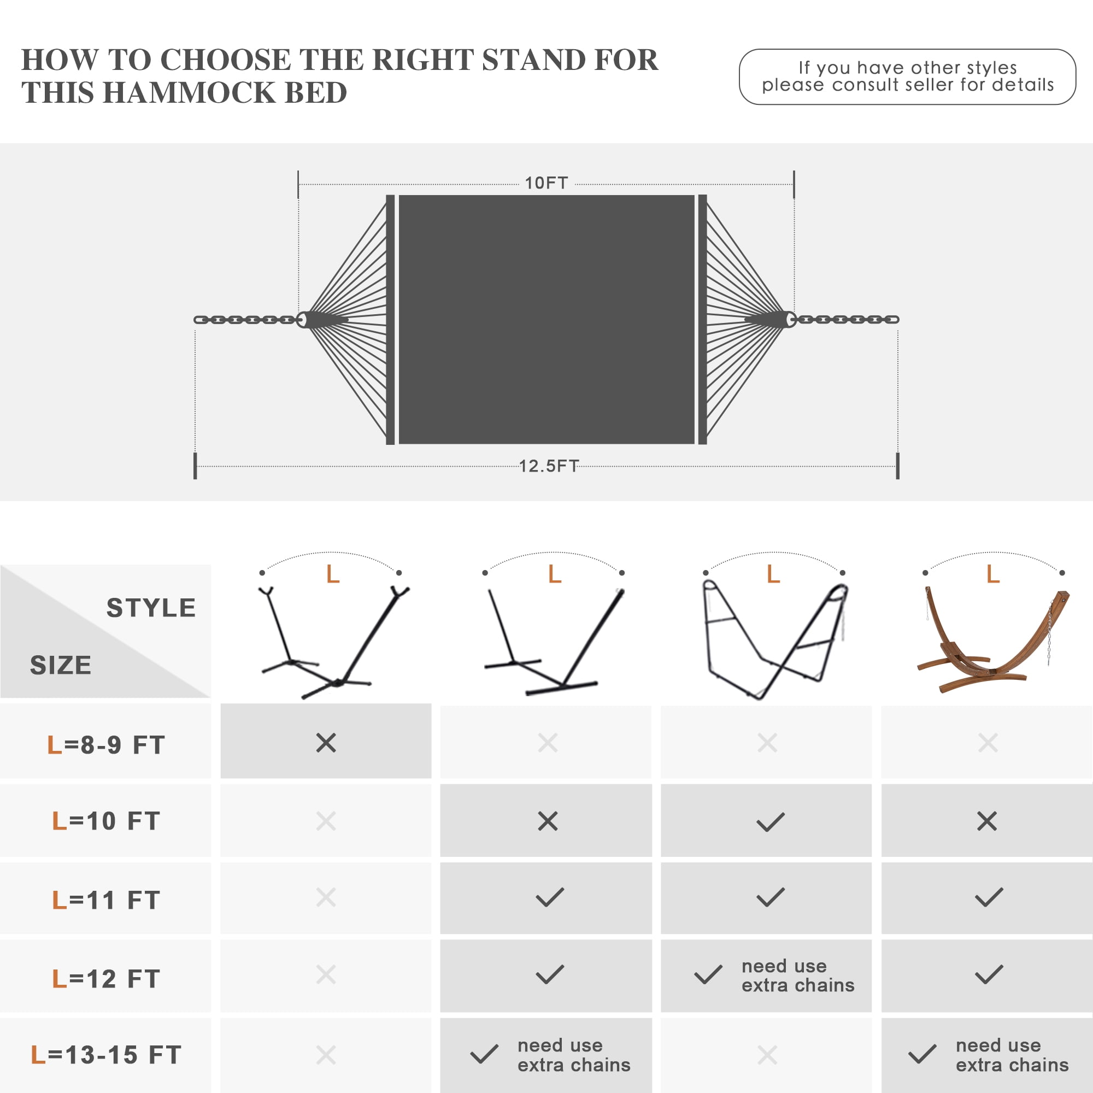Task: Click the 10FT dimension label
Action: (x=546, y=183)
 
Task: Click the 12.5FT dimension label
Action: (x=549, y=466)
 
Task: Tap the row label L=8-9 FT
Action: (x=106, y=744)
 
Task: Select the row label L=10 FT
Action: (x=106, y=821)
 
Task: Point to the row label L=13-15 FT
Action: (x=106, y=1055)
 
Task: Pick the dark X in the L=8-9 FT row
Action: (x=326, y=743)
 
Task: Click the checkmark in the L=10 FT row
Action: (x=771, y=822)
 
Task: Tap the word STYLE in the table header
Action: (x=151, y=608)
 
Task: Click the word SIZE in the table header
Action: (x=61, y=665)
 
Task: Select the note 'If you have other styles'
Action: (x=907, y=68)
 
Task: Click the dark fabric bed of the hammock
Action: (x=546, y=320)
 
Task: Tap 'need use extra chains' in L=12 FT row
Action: (x=798, y=976)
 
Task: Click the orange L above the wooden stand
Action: (x=993, y=574)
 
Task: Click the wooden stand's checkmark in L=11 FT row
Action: (x=989, y=897)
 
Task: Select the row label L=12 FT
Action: (x=106, y=979)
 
